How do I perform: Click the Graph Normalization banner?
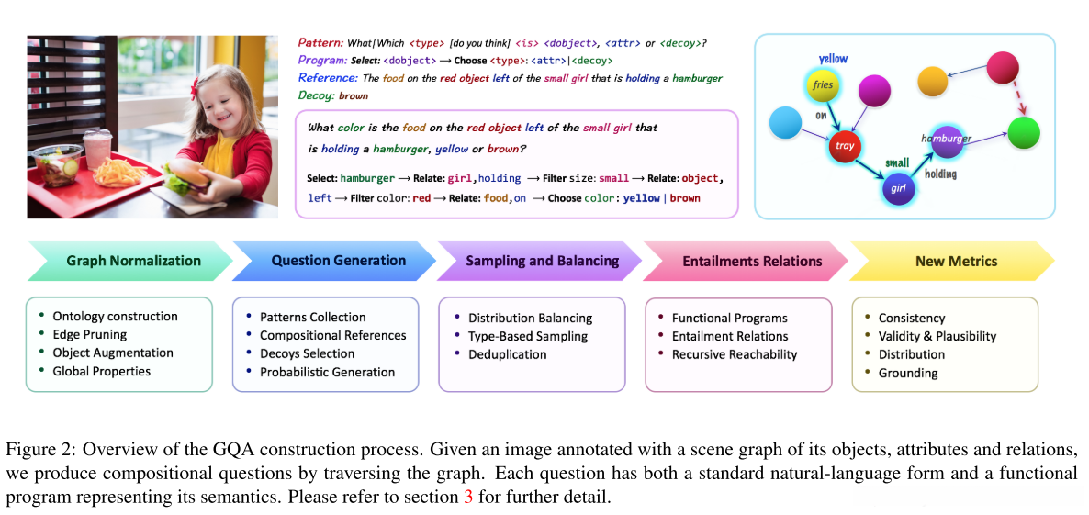point(133,261)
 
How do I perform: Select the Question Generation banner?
point(338,261)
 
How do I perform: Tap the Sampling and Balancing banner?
point(542,261)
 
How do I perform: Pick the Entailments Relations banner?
point(751,261)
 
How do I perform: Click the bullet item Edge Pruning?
point(89,335)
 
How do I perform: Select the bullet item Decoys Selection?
point(307,353)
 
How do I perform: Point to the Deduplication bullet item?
point(508,354)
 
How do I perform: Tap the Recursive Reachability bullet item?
point(734,354)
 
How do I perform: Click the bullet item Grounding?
point(907,373)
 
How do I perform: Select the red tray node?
point(844,145)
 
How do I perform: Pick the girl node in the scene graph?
point(897,188)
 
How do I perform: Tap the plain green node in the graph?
point(1023,134)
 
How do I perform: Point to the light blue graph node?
point(785,124)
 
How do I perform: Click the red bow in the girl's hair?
point(195,90)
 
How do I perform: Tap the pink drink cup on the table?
point(96,147)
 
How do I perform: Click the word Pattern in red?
point(320,42)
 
